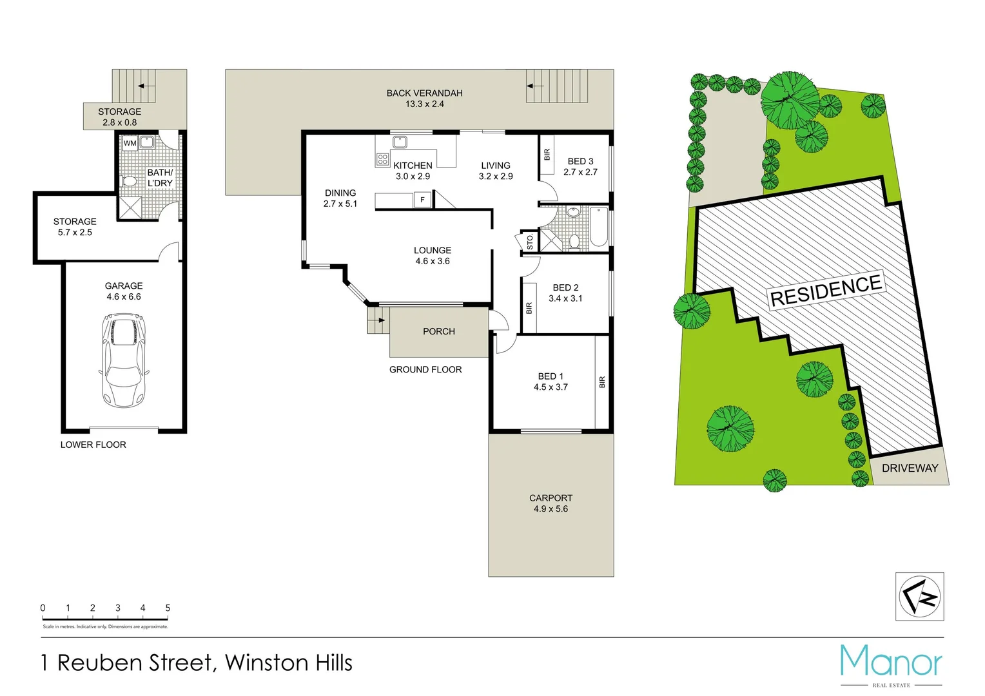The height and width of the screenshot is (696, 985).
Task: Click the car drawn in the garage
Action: [x=124, y=360]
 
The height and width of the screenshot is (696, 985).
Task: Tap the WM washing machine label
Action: [x=130, y=143]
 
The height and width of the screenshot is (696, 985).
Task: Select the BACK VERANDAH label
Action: [x=424, y=93]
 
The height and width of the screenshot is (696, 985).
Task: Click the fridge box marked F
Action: [x=422, y=200]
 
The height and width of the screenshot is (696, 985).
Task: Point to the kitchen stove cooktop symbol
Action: [x=382, y=159]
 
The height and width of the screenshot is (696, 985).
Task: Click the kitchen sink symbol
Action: [x=400, y=142]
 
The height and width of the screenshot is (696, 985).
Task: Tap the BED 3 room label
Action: [x=580, y=161]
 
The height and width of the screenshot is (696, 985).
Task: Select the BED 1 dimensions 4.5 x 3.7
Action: [x=551, y=387]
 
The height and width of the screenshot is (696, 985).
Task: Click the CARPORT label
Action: [x=551, y=498]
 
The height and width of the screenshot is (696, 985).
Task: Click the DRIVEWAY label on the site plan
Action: [x=910, y=469]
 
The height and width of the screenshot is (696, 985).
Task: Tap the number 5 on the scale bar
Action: [x=168, y=608]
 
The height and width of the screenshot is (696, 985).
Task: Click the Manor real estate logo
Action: [x=891, y=664]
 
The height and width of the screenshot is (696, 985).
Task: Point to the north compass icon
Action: [x=919, y=597]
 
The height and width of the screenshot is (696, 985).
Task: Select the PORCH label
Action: [x=439, y=331]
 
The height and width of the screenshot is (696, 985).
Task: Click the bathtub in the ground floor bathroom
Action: [x=599, y=227]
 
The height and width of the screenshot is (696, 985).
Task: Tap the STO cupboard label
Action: [x=530, y=242]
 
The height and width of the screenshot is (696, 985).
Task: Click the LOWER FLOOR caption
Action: [x=93, y=445]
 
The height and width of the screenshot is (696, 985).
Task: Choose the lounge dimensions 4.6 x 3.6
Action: [x=433, y=261]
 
